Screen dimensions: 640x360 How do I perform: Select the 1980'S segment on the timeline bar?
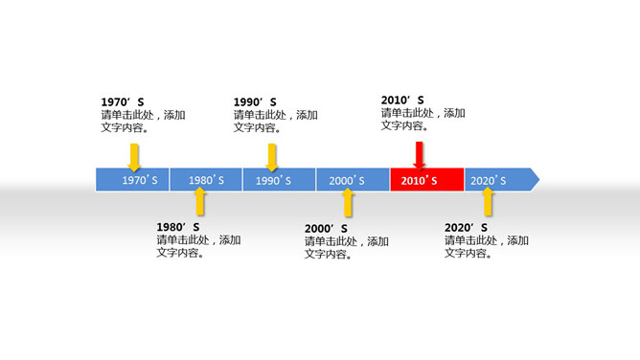pyautogui.click(x=206, y=179)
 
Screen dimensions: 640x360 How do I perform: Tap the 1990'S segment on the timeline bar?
pyautogui.click(x=279, y=179)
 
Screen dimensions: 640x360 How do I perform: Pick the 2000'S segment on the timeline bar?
pyautogui.click(x=353, y=179)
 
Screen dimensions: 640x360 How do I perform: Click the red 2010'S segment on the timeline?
pyautogui.click(x=427, y=179)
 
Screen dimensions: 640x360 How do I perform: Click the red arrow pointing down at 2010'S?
pyautogui.click(x=419, y=156)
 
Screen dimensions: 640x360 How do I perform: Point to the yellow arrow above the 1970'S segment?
pyautogui.click(x=133, y=156)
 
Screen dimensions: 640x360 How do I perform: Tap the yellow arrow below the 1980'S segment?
pyautogui.click(x=199, y=201)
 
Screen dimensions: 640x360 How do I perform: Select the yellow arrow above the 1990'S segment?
pyautogui.click(x=272, y=156)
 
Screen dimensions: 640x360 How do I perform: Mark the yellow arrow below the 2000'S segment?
pyautogui.click(x=348, y=201)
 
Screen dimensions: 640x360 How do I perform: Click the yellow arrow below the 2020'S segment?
pyautogui.click(x=488, y=201)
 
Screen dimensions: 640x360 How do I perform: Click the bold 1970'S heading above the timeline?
pyautogui.click(x=122, y=101)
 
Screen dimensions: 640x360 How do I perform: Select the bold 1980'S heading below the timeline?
pyautogui.click(x=177, y=227)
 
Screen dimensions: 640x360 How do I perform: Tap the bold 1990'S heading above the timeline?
pyautogui.click(x=255, y=101)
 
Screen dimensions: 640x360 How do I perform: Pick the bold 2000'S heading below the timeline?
pyautogui.click(x=326, y=228)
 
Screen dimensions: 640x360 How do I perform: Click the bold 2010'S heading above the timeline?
pyautogui.click(x=402, y=99)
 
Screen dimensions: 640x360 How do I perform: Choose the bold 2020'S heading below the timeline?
pyautogui.click(x=466, y=227)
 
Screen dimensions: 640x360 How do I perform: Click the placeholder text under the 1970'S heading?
pyautogui.click(x=143, y=121)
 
